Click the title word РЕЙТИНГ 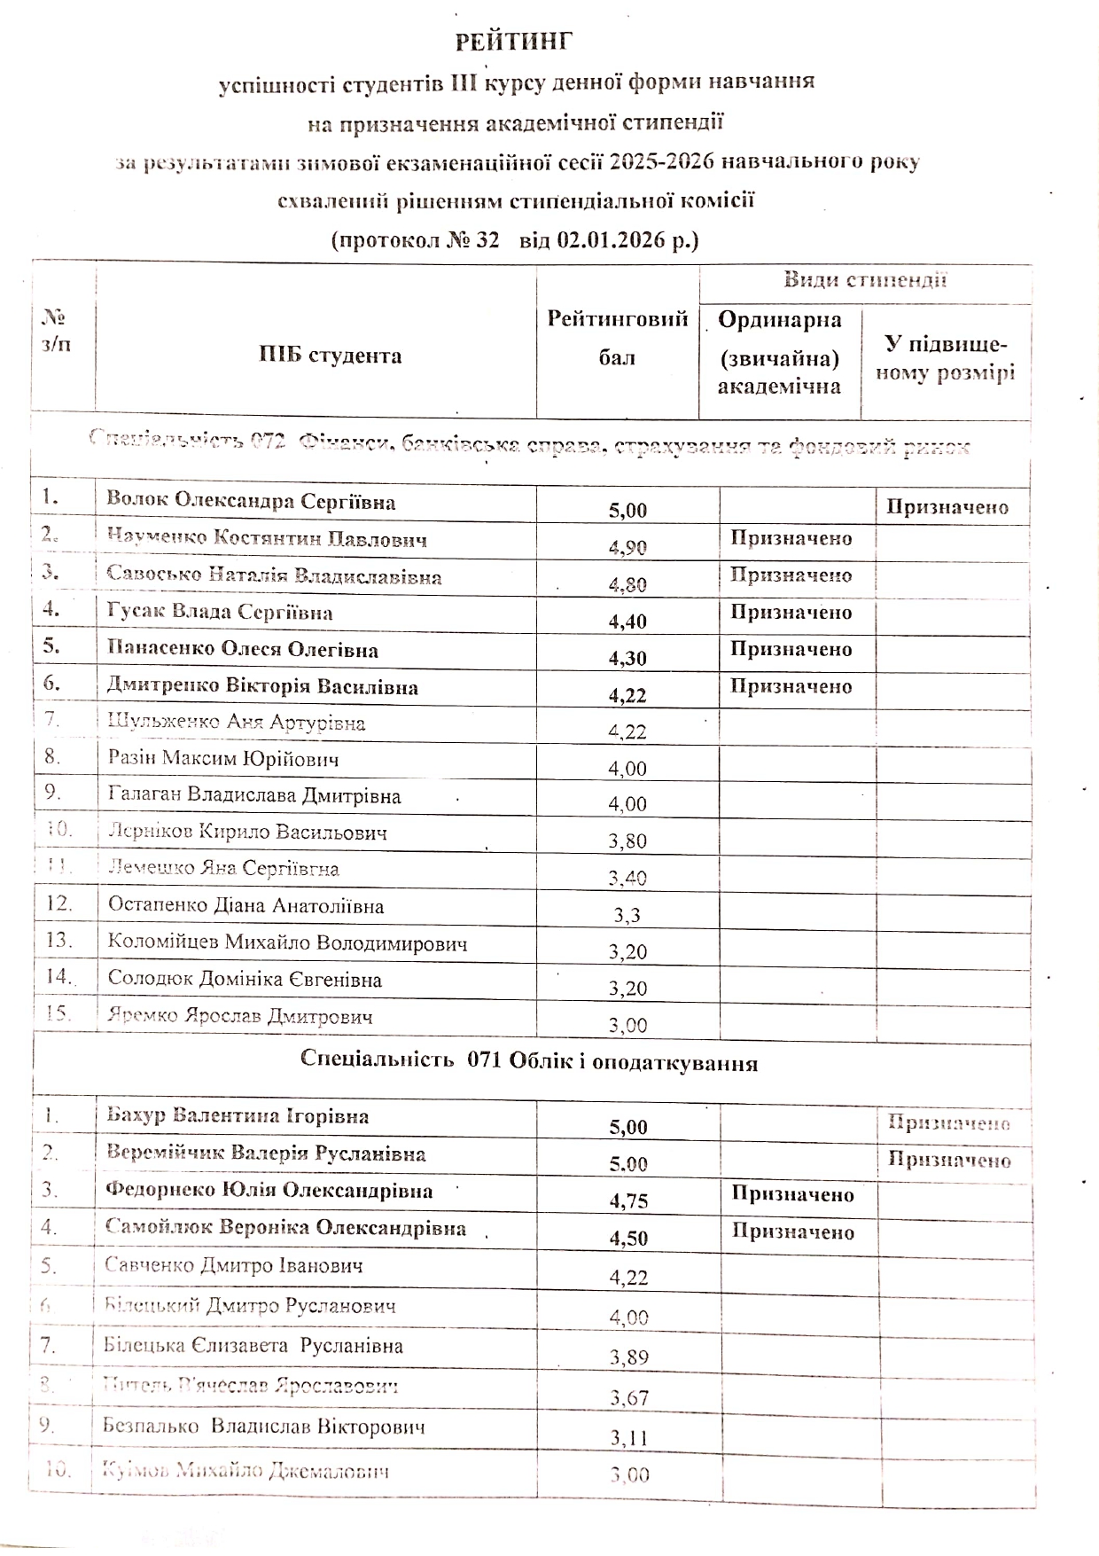click(x=514, y=42)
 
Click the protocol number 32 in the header click(x=487, y=240)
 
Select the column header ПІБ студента click(x=330, y=356)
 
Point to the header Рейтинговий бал click(x=618, y=338)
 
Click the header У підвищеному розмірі click(x=946, y=359)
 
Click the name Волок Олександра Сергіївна click(x=251, y=501)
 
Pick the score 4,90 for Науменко click(x=627, y=547)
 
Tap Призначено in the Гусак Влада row click(x=791, y=613)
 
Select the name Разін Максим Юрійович click(x=223, y=759)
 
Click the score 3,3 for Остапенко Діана click(x=627, y=915)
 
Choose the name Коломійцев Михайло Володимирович click(x=287, y=942)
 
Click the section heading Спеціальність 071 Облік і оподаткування click(x=529, y=1063)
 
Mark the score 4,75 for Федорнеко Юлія click(x=628, y=1201)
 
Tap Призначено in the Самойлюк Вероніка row click(x=792, y=1232)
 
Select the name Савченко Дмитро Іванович click(x=234, y=1266)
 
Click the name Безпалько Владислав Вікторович click(x=264, y=1427)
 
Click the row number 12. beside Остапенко click(x=58, y=903)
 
